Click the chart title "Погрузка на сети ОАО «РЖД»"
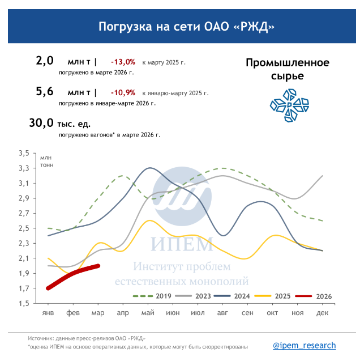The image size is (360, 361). pyautogui.click(x=179, y=27)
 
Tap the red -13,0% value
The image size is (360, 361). pyautogui.click(x=123, y=62)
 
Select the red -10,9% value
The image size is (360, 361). pyautogui.click(x=123, y=92)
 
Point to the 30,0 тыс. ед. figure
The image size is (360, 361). pyautogui.click(x=59, y=123)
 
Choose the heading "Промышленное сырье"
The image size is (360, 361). pyautogui.click(x=287, y=69)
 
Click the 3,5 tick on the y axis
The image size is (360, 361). pyautogui.click(x=23, y=154)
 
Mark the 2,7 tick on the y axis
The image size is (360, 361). pyautogui.click(x=23, y=214)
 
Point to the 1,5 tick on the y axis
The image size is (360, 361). pyautogui.click(x=23, y=304)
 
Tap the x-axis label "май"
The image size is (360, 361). pyautogui.click(x=148, y=313)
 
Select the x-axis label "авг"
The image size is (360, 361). pyautogui.click(x=222, y=313)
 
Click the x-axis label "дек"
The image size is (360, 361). pyautogui.click(x=323, y=313)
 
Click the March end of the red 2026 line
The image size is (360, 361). pyautogui.click(x=98, y=266)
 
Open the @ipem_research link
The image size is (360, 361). pyautogui.click(x=305, y=345)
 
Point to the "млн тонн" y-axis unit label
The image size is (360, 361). pyautogui.click(x=45, y=161)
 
